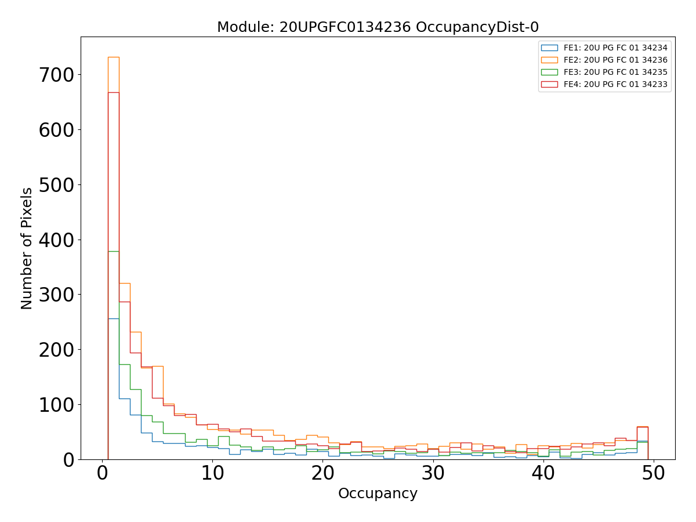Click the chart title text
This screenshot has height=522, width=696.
coord(378,27)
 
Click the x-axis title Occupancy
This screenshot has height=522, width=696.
coord(378,494)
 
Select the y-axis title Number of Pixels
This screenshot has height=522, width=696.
coord(27,248)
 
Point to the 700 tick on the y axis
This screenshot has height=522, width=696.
coord(57,75)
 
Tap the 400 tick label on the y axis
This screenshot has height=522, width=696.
coord(57,240)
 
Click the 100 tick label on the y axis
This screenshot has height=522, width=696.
coord(57,404)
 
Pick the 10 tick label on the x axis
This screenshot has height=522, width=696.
coord(212,474)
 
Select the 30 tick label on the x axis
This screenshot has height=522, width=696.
coord(433,474)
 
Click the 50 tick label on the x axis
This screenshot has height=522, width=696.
coord(653,474)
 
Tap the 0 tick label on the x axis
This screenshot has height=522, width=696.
coord(103,474)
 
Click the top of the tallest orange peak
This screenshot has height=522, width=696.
coord(113,57)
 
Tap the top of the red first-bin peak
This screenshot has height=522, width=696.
coord(113,92)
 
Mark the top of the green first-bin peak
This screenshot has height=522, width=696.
coord(113,251)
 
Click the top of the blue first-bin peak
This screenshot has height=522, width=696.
coord(113,318)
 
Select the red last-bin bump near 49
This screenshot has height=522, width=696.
coord(642,427)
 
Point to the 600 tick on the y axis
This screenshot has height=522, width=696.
coord(57,130)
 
